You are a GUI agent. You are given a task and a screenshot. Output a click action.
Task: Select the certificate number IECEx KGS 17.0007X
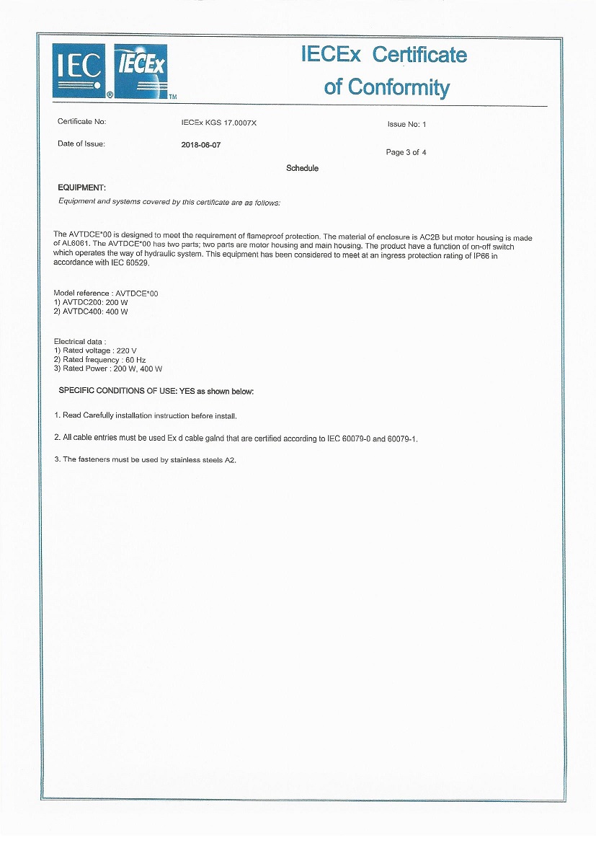point(218,123)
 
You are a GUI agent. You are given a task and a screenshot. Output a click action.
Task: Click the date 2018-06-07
point(201,144)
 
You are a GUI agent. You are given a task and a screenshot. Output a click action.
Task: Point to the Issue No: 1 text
point(406,124)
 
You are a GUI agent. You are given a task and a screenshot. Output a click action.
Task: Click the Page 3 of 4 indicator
point(406,152)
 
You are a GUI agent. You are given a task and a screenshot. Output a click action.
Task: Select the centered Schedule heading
point(302,168)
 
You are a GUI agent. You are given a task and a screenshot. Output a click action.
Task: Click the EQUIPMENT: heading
point(81,187)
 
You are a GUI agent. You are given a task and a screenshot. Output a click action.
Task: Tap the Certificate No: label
point(81,122)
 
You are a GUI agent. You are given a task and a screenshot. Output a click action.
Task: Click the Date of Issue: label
point(81,144)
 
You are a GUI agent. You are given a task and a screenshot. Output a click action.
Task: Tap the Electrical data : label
point(80,340)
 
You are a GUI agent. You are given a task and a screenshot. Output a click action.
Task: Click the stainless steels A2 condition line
point(146,459)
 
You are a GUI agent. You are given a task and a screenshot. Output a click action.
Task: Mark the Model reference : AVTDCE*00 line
point(106,293)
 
